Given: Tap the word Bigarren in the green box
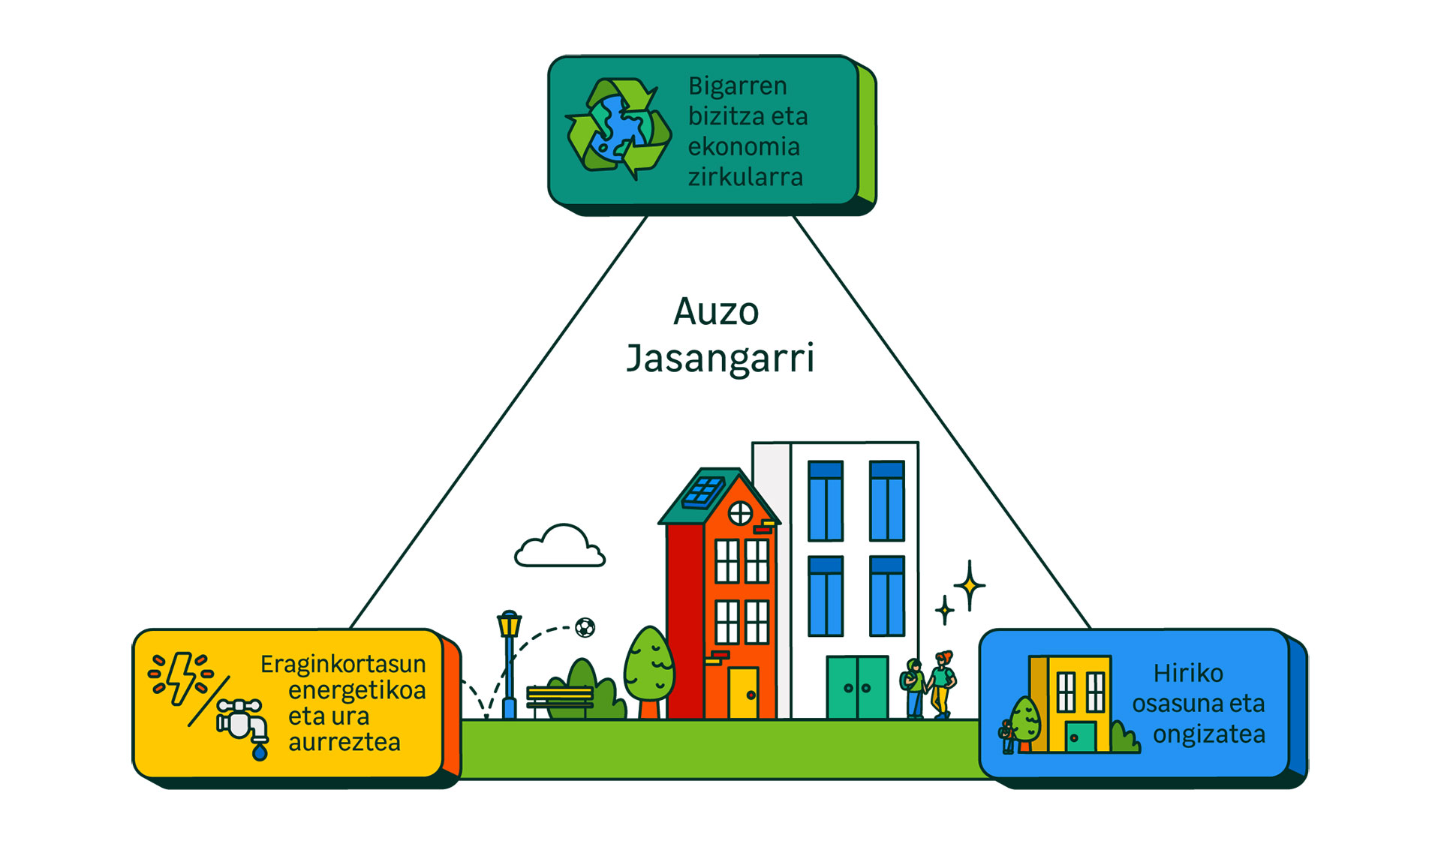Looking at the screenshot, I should click(737, 86).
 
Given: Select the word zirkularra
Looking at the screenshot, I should click(745, 177).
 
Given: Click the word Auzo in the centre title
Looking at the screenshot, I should click(716, 311).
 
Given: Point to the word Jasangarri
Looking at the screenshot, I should click(720, 359).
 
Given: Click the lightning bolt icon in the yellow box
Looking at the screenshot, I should click(182, 677).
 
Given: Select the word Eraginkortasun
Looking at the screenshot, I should click(343, 664).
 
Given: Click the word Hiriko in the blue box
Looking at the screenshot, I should click(1188, 673).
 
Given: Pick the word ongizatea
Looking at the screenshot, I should click(1208, 734).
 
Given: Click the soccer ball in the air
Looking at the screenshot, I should click(585, 627).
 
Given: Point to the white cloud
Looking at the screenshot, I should click(560, 546).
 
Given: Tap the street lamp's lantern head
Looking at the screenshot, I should click(509, 623).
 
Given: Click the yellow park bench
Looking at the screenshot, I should click(560, 698).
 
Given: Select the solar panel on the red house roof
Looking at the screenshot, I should click(703, 492).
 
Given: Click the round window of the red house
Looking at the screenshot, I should click(740, 513).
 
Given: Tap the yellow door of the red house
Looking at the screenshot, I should click(743, 692).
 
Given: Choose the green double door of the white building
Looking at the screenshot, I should click(857, 687).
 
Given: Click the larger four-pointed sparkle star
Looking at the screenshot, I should click(970, 584).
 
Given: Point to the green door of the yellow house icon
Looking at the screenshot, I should click(1080, 736).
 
